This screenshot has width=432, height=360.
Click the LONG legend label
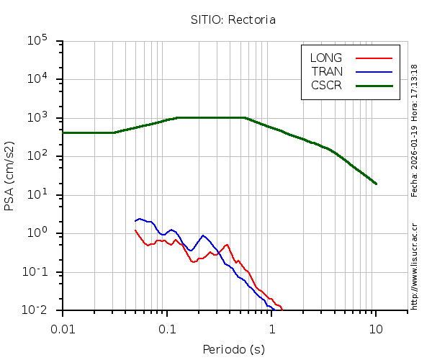tap(326, 58)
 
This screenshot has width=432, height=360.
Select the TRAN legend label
tap(326, 71)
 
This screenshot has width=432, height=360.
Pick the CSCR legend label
tap(326, 85)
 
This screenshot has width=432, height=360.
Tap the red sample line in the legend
tap(374, 58)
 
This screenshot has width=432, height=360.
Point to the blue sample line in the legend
tap(374, 71)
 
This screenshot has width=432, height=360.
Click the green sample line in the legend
tap(374, 85)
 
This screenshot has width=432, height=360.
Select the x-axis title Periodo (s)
tap(233, 350)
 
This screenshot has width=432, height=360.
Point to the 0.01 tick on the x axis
tap(63, 329)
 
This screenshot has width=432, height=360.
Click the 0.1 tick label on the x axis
tap(167, 329)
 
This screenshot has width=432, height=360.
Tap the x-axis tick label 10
tap(376, 329)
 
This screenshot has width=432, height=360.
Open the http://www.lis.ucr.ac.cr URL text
tap(415, 266)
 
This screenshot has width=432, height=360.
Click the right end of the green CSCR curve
tap(376, 184)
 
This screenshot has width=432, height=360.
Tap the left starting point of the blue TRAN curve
tap(135, 221)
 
